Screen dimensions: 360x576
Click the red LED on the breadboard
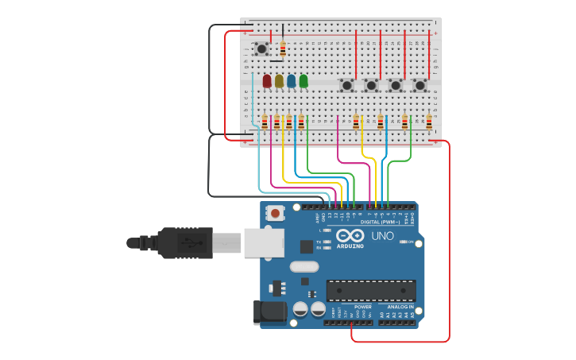pos(267,80)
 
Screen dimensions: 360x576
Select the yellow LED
pos(279,80)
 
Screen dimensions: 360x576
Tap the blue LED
pos(292,80)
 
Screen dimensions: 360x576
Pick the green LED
pos(303,80)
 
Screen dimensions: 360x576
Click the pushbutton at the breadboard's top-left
pos(261,49)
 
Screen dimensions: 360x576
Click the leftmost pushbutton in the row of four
pos(346,84)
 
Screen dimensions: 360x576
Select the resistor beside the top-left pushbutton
pos(283,49)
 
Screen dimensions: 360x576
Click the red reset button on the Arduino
pos(275,212)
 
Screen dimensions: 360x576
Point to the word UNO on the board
pos(382,236)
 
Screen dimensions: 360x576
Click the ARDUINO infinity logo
pos(350,236)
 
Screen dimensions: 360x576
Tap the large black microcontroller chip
pos(370,290)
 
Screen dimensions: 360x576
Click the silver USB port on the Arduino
pos(263,242)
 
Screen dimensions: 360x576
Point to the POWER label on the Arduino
pos(362,307)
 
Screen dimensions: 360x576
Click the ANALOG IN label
pos(400,307)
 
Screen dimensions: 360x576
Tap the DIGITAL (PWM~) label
pos(380,221)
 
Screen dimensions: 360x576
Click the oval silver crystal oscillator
pos(303,267)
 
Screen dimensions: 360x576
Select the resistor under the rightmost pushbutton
pos(429,122)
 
